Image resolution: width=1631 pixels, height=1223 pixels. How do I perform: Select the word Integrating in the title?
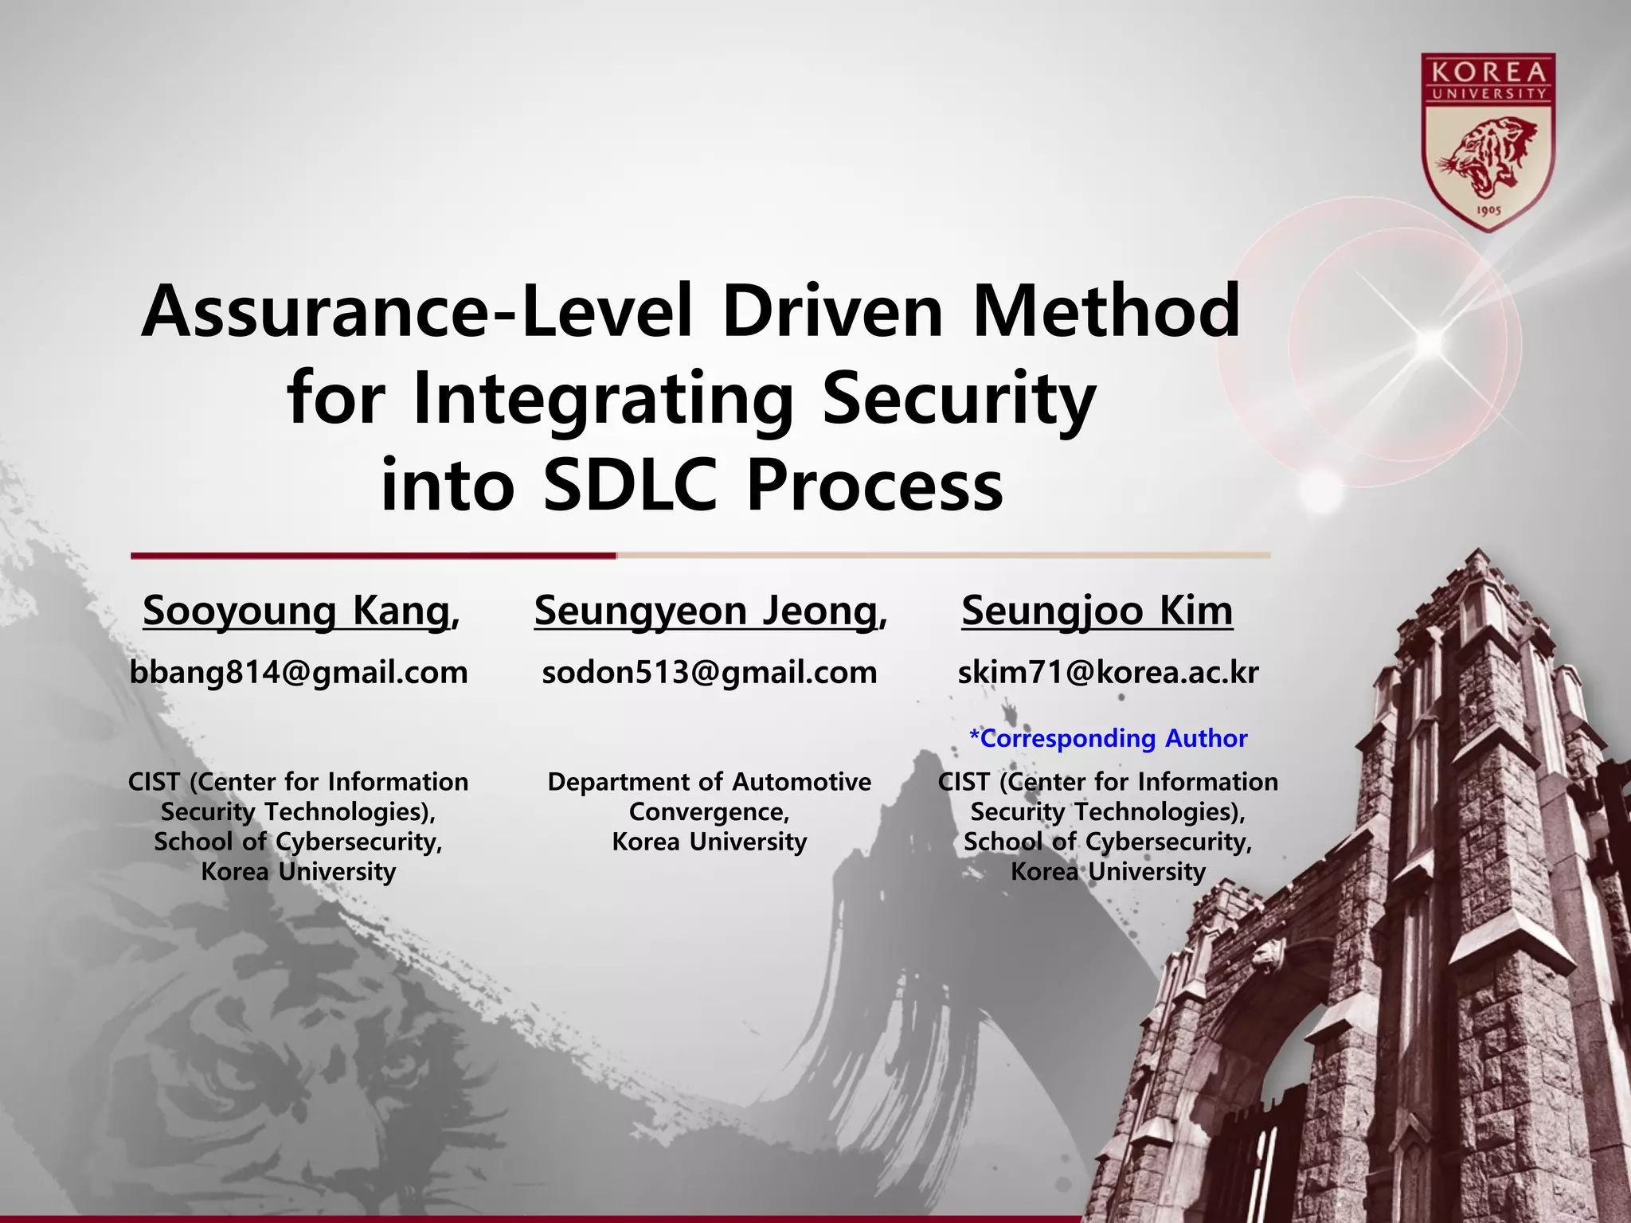coord(603,400)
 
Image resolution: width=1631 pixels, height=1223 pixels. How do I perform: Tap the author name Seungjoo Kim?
coord(1097,611)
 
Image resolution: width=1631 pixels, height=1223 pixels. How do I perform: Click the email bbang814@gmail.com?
coord(299,673)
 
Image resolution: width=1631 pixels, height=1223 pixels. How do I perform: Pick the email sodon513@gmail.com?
coord(709,673)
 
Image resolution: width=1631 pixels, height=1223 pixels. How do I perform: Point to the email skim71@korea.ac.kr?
coord(1108,673)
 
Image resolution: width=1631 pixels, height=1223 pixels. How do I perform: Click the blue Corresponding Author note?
coord(1108,738)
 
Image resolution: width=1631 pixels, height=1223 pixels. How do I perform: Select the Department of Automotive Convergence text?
coord(709,796)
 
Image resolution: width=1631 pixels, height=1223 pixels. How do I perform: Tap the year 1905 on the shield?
coord(1488,211)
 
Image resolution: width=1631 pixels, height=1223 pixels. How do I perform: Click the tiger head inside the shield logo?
coord(1486,155)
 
